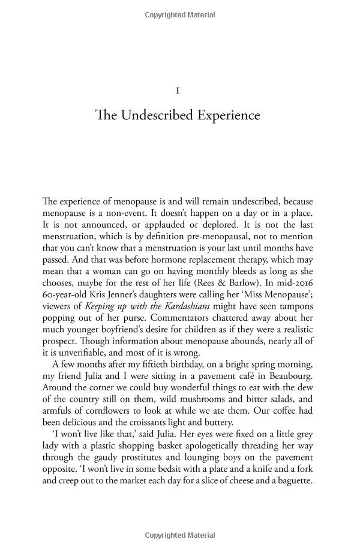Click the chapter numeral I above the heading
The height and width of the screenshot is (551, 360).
(x=178, y=91)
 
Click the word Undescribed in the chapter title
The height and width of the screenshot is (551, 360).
(x=157, y=115)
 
